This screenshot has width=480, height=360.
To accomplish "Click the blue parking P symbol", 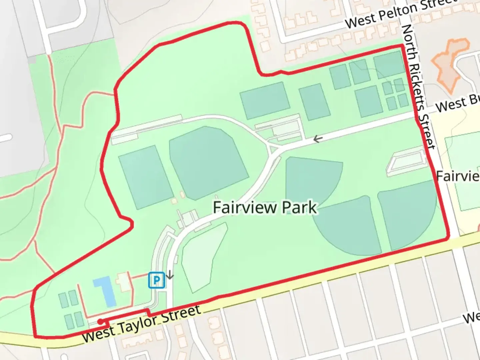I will (x=156, y=280).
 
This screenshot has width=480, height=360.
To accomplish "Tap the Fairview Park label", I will (x=265, y=207).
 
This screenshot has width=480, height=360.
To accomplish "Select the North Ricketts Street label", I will (x=419, y=87).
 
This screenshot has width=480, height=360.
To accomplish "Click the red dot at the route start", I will (x=100, y=321).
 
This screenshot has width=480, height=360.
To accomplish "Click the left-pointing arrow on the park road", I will (x=318, y=139).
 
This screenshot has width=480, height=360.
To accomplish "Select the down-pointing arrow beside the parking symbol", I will (x=170, y=275).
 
